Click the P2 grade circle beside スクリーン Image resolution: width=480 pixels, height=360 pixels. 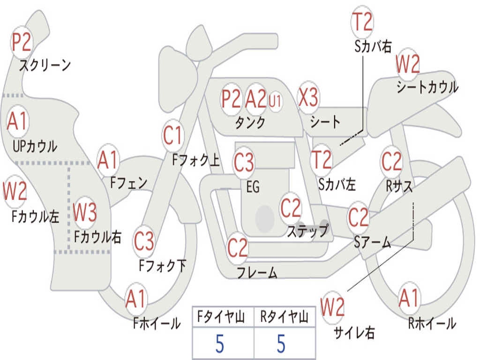[x=21, y=43]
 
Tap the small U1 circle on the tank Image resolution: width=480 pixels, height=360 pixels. [x=275, y=101]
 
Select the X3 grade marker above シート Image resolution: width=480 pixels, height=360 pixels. [x=308, y=98]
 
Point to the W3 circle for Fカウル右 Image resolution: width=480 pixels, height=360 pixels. [x=85, y=213]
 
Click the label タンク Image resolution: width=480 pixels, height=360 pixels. [x=250, y=123]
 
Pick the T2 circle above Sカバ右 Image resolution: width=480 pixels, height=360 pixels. [x=362, y=21]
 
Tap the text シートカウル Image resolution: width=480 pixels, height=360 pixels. [x=427, y=88]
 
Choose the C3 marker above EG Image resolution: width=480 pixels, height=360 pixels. [x=244, y=163]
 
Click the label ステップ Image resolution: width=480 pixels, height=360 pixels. [x=307, y=231]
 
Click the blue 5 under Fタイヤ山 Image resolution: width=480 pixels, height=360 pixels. [x=220, y=344]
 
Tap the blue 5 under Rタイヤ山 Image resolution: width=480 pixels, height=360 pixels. [x=281, y=344]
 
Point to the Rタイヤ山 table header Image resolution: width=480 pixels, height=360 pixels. [x=284, y=318]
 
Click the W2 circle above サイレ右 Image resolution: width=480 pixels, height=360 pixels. [x=333, y=307]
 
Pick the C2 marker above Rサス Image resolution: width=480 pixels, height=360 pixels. [x=391, y=162]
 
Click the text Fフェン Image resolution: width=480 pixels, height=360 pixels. [x=128, y=182]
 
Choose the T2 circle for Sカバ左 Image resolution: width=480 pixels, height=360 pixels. [x=322, y=160]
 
